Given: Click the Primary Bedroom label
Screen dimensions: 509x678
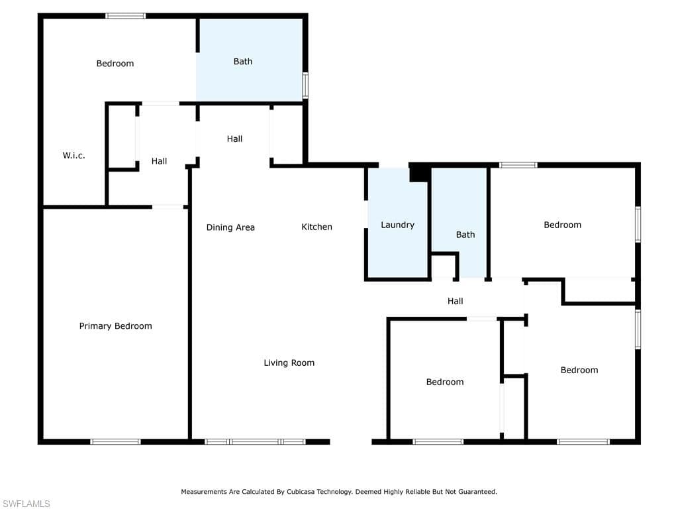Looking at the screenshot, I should (115, 326).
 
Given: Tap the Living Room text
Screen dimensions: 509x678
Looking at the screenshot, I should (289, 363).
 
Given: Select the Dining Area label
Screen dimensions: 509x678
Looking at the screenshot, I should (230, 227).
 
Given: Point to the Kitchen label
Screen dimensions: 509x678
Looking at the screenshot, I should (316, 227).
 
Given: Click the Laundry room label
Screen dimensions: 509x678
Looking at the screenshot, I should (397, 225).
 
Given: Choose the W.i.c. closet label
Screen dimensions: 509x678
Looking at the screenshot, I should (74, 156).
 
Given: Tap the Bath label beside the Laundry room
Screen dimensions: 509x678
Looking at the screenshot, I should (465, 235).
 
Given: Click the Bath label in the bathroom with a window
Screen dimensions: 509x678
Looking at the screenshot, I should (243, 62).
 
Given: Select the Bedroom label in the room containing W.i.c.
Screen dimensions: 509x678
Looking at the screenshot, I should (115, 64).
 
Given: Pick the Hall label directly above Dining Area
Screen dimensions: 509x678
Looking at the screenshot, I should (234, 139).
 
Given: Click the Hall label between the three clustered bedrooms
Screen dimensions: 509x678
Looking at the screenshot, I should (455, 301).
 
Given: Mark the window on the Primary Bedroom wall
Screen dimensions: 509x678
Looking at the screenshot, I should (115, 441).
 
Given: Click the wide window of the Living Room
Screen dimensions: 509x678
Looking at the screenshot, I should (255, 441).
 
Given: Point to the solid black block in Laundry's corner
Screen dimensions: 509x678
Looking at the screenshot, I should (419, 174).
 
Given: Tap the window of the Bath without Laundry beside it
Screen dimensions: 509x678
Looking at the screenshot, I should (305, 85).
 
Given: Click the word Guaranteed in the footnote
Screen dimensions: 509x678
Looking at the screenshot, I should (477, 492).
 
